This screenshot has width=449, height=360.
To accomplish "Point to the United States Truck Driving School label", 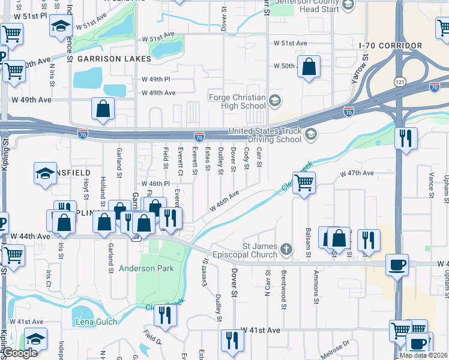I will pos(265,136).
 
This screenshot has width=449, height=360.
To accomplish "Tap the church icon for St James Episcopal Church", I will pos(288,248).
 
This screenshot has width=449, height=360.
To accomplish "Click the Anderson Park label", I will pos(146,268).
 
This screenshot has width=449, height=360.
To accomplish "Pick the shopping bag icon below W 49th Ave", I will pos(103,109).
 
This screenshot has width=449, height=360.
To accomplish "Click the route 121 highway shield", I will pos(399,81).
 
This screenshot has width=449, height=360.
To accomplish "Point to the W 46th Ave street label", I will pos(224,201).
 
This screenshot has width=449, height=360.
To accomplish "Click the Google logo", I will pos(20,353).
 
